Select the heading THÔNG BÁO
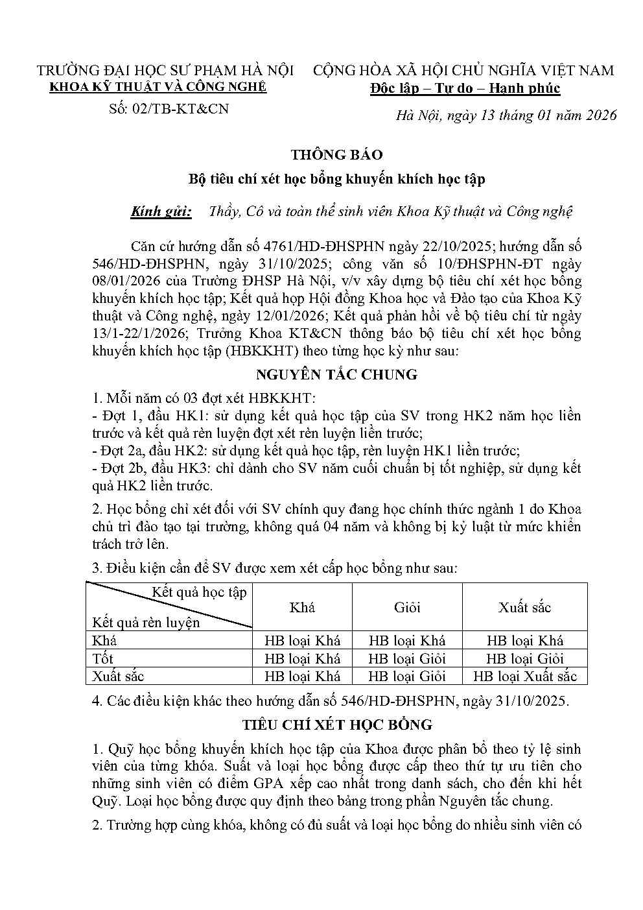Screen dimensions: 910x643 336,155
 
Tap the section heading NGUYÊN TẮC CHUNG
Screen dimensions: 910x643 336,375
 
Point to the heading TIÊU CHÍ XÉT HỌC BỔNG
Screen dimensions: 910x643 336,724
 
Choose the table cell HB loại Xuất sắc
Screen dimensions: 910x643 524,676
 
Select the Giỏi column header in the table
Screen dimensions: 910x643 407,607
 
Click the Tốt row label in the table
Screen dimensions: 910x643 103,658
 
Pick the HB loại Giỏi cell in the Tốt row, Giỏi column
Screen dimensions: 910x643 407,658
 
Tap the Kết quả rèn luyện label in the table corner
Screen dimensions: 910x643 146,623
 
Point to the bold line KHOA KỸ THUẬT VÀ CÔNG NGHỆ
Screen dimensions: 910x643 158,88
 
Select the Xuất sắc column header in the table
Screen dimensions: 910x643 524,607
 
